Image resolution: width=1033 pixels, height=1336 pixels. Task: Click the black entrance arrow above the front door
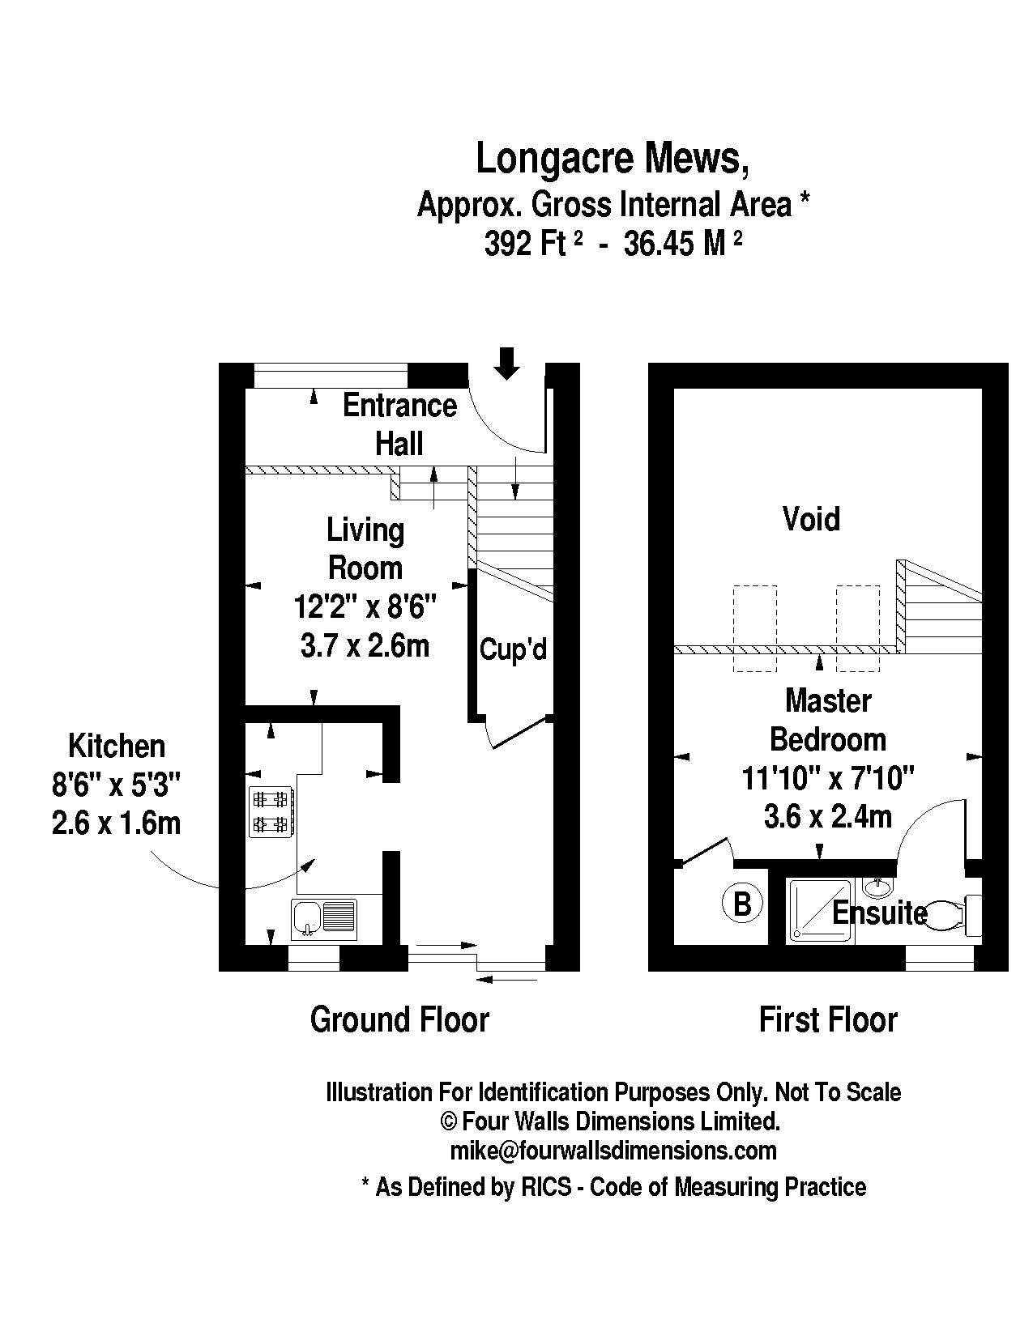pos(507,363)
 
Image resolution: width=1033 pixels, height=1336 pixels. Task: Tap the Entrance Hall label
pos(399,424)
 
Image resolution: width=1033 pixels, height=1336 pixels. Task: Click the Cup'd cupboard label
pos(514,649)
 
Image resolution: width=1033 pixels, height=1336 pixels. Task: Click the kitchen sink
pos(324,919)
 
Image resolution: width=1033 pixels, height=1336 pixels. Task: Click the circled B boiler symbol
pos(742,903)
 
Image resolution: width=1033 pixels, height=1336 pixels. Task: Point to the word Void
pos(811,519)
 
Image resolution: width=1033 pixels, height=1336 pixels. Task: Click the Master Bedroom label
pos(828,720)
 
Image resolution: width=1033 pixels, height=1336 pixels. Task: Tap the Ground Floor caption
pos(399,1019)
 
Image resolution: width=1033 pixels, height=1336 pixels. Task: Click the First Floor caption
pos(828,1019)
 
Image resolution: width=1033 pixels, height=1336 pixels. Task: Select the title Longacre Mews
pos(612,159)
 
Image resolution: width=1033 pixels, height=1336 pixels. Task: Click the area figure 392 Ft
pos(525,243)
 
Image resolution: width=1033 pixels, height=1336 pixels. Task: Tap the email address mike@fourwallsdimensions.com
pos(613,1151)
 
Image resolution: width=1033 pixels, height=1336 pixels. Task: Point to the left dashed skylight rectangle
pos(754,628)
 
